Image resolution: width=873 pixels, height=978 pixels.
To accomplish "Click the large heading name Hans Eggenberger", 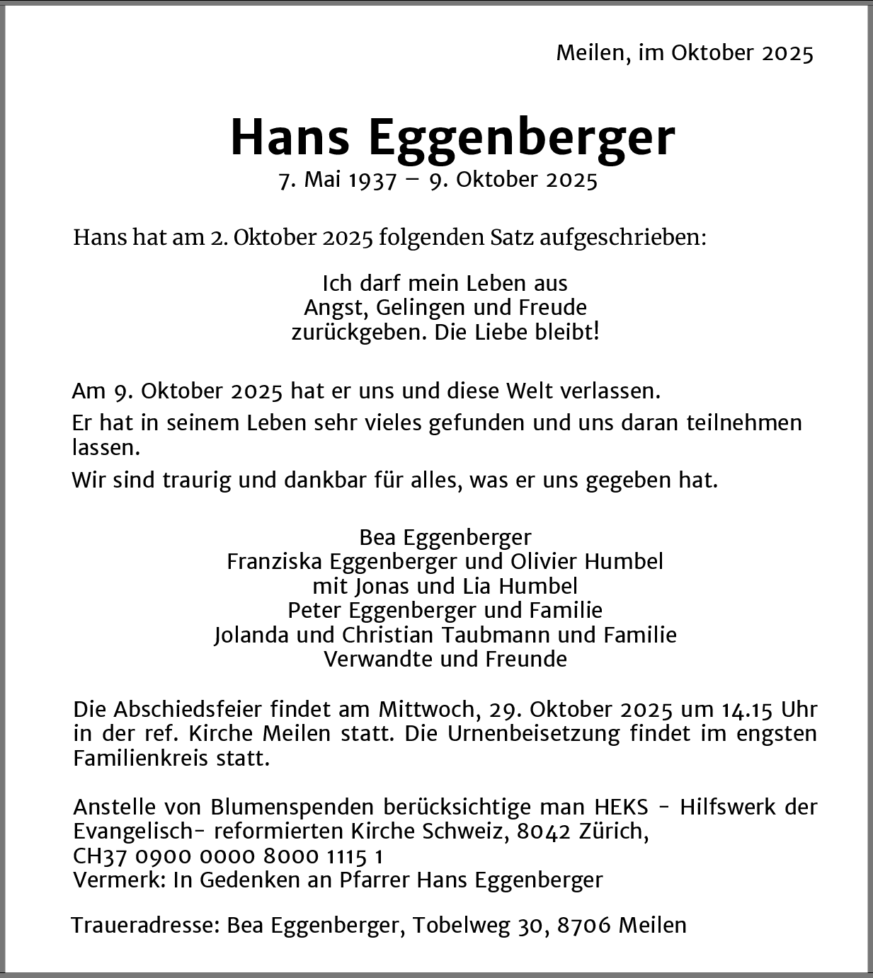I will [x=452, y=137].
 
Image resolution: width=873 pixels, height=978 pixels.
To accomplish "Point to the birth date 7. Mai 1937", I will [x=337, y=180].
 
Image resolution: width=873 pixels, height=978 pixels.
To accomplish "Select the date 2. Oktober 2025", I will [x=291, y=238].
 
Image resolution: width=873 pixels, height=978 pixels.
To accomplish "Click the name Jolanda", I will [x=251, y=635].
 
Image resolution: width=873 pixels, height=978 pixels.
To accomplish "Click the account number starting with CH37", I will [x=228, y=856].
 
